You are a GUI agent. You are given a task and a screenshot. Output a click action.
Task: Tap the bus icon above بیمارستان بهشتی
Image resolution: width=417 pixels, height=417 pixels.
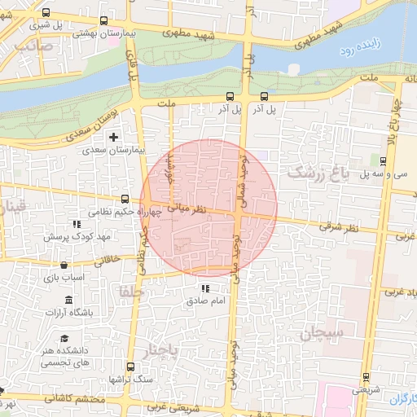coord(103,21)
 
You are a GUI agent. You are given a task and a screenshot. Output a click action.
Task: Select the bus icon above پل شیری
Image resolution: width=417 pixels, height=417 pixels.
coord(45,12)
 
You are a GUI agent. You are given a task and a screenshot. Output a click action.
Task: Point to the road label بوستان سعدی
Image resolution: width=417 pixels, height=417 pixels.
coord(99,119)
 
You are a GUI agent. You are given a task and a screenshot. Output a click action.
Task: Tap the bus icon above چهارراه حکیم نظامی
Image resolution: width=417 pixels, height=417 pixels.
coord(125,199)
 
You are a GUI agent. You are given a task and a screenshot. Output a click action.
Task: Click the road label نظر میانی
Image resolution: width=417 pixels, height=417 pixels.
coord(188,209)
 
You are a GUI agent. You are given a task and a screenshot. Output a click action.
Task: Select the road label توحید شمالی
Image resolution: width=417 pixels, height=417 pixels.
coord(242,176)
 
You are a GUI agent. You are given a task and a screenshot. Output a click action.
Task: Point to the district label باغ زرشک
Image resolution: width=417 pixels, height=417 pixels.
coord(318,173)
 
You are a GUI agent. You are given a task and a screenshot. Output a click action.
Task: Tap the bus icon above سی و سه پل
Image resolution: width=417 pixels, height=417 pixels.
coord(382,160)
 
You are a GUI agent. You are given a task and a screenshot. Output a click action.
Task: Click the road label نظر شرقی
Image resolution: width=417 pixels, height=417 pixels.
coord(331,226)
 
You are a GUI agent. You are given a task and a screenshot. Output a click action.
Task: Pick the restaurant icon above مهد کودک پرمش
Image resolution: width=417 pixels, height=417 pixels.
coord(76,224)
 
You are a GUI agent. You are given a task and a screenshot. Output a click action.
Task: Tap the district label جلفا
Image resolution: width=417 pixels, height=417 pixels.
coord(129,291)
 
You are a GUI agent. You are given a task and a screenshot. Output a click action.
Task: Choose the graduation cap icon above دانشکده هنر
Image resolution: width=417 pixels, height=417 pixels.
coord(64,339)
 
